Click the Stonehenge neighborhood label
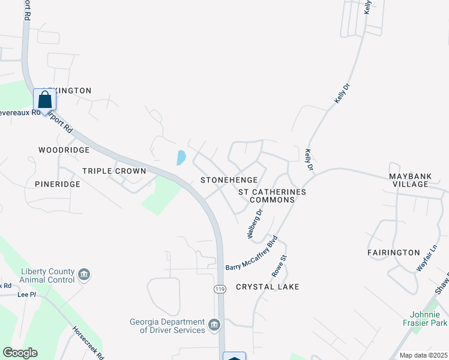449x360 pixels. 229,180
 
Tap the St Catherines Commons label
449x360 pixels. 272,196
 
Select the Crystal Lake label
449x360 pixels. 267,287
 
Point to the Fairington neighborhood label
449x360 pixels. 393,253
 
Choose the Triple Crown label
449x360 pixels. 114,171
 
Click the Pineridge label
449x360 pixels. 57,184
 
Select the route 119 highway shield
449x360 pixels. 220,289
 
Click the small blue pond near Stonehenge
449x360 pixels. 181,158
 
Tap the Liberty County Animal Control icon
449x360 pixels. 84,275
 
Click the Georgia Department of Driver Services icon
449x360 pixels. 214,325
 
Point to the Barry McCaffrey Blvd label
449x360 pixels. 251,256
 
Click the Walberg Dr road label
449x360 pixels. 255,223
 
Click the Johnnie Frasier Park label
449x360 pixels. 429,319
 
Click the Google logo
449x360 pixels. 20,353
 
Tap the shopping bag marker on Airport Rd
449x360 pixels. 44,100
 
